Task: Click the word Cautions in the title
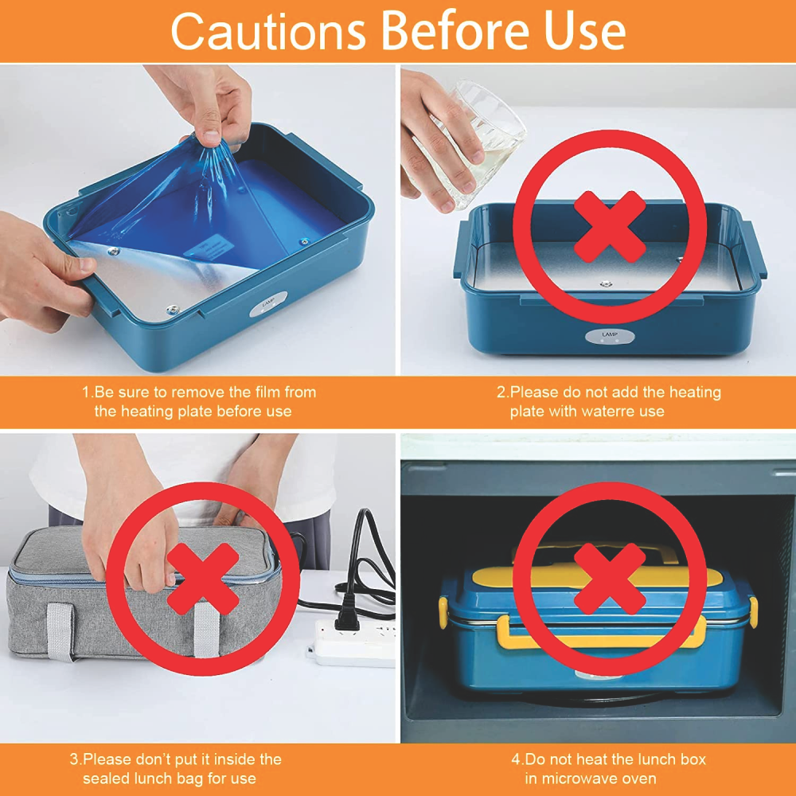(x=268, y=32)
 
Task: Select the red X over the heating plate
(x=610, y=226)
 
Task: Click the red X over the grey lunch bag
(x=203, y=579)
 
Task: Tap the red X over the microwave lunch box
(x=610, y=579)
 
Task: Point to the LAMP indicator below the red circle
(x=609, y=336)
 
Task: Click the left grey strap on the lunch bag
(x=60, y=631)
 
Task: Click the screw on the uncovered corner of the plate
(x=173, y=308)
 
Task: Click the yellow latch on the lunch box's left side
(x=443, y=612)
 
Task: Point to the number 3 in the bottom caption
(x=75, y=759)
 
